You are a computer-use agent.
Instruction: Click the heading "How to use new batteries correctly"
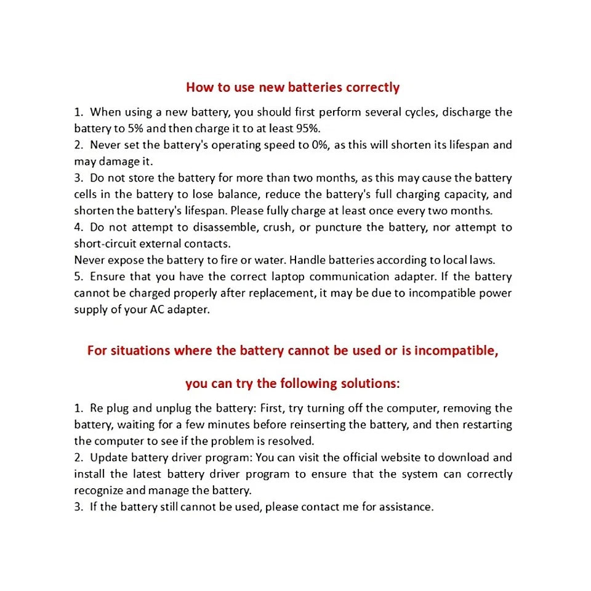point(292,87)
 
